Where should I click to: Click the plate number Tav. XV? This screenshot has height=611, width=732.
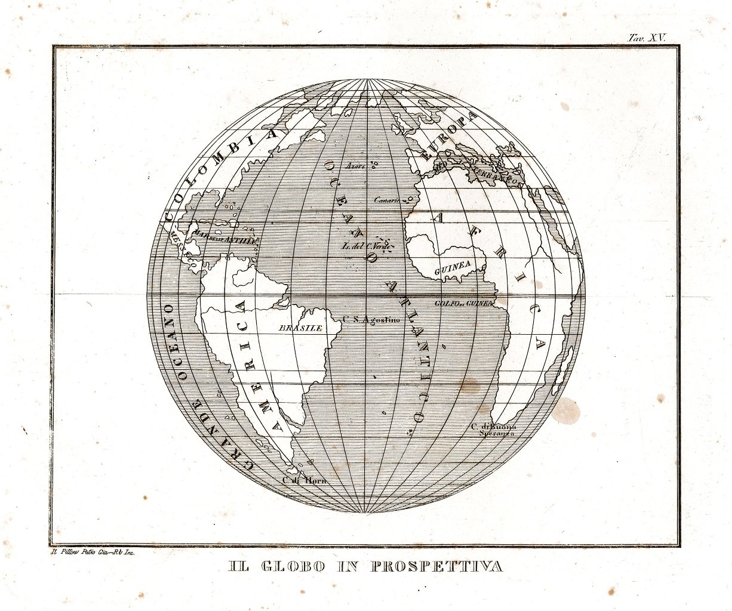coord(647,37)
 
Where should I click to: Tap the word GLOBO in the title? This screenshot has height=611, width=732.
coord(294,566)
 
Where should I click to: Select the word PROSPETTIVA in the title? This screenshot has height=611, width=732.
coord(436,566)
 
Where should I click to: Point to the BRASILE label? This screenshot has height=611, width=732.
coord(301,328)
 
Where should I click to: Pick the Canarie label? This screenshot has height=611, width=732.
coord(386,200)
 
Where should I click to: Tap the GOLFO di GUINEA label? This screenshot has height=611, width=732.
coord(464,303)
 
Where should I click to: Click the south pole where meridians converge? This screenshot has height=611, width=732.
coord(366,513)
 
